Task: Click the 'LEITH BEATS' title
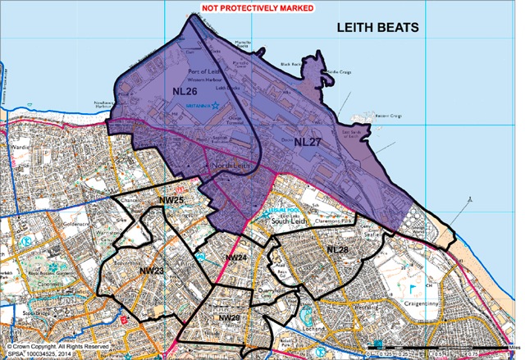click(378, 28)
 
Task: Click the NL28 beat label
click(338, 248)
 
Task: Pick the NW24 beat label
click(235, 258)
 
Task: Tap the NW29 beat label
click(228, 317)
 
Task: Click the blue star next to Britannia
click(215, 105)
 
